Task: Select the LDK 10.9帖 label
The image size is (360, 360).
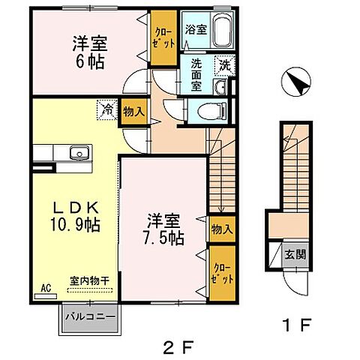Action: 76,215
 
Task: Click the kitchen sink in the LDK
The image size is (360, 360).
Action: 77,153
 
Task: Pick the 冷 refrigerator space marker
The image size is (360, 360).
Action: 107,110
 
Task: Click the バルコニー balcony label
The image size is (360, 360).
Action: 89,316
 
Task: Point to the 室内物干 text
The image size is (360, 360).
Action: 88,280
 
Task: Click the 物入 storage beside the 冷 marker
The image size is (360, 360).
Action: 133,111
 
